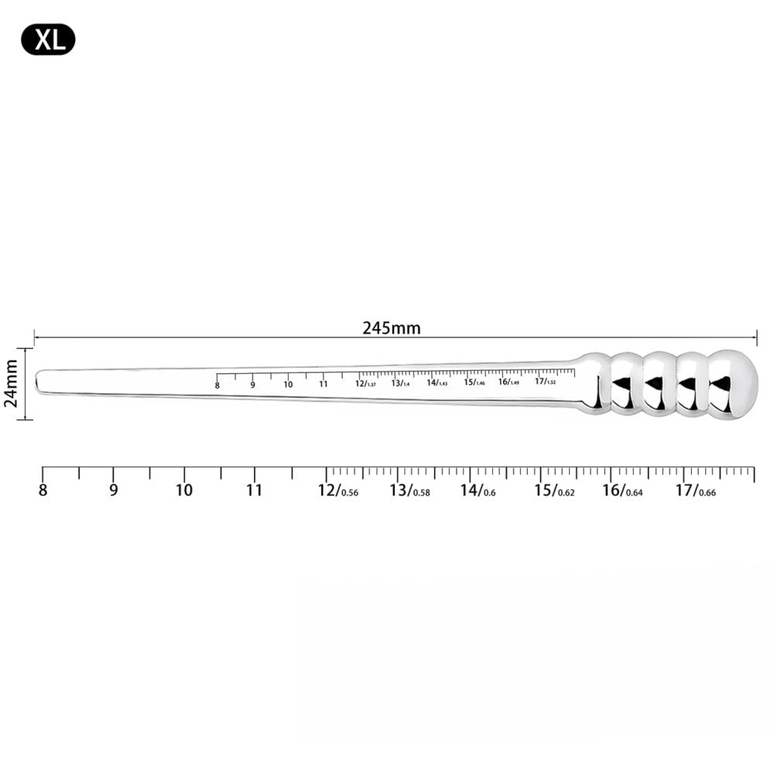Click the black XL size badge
48,39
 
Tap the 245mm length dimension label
392,327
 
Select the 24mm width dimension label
12,384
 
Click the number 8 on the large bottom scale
43,490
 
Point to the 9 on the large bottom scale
114,490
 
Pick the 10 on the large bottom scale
184,490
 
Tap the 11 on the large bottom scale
255,490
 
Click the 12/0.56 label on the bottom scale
337,491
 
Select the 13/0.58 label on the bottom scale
409,491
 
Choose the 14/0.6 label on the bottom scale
478,491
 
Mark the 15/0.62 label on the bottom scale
553,491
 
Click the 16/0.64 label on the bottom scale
622,491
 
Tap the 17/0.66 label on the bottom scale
695,491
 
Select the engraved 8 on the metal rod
217,385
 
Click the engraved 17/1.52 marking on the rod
545,382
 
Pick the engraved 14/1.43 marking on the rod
437,382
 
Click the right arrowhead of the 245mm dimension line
754,337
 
